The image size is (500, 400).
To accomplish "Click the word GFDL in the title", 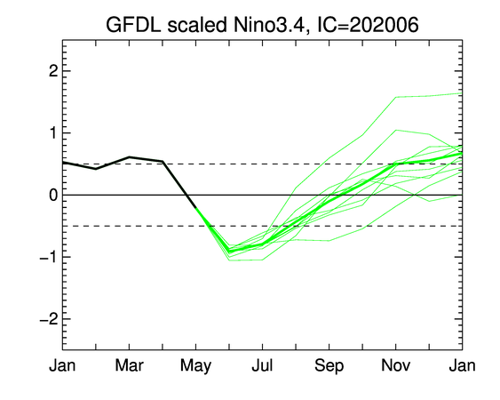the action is pos(133,25).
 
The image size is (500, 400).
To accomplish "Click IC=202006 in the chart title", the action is pos(368,25).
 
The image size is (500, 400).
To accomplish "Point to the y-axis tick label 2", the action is pos(53,71).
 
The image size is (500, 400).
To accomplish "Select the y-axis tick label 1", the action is pos(53,133).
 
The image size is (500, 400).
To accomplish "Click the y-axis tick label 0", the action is pos(53,195).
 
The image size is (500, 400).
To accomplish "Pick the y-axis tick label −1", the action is pos(49,257).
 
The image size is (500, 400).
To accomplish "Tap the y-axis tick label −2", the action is pos(49,319).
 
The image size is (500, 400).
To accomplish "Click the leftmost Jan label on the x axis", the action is pos(62,365).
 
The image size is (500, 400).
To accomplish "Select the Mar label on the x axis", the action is pos(129,365).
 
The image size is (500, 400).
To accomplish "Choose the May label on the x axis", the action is pos(195,366).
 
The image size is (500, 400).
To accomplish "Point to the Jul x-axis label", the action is pos(262,365).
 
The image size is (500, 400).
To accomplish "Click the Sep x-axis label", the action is pos(329,366).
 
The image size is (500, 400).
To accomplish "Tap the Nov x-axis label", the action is pos(396,365).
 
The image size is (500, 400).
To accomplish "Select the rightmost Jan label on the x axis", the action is pos(462,365).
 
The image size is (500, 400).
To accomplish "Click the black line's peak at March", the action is pos(129,157).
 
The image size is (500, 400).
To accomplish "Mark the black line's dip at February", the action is pos(96,169).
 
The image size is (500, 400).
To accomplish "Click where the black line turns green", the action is pos(195,208).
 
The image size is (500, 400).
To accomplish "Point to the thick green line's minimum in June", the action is pos(229,251).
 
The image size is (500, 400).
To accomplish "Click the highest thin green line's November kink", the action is pos(396,97).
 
